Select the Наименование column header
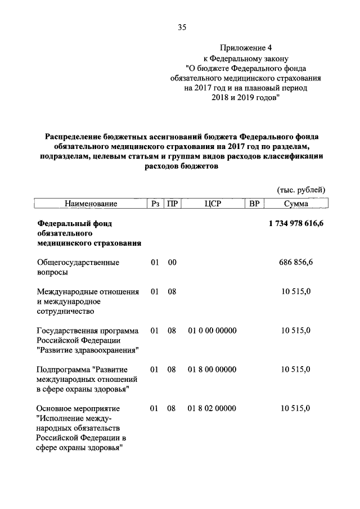coord(91,203)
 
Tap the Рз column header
coord(155,203)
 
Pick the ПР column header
coord(172,203)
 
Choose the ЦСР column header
coord(212,203)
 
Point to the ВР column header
coord(254,203)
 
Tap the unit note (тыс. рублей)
coord(300,190)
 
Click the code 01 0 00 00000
coord(212,330)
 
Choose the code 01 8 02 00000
coord(212,408)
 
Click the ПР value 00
coord(172,262)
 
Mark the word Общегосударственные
coord(78,262)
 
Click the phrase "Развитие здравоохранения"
coord(88,350)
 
